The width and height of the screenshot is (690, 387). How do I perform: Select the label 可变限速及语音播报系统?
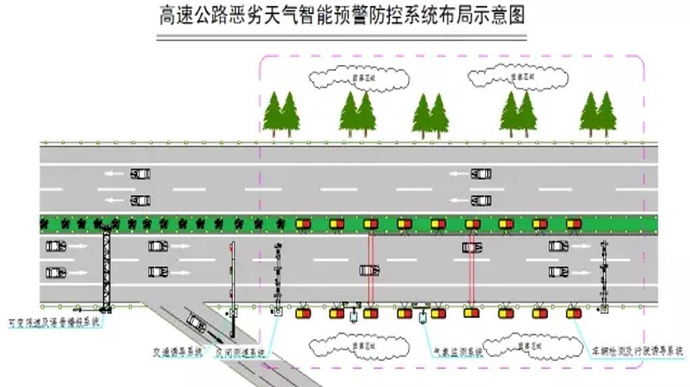[53, 323]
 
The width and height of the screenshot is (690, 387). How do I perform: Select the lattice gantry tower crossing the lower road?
[106, 269]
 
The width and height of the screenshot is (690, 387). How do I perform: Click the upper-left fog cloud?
[360, 78]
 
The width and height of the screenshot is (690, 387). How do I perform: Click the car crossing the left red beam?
[370, 270]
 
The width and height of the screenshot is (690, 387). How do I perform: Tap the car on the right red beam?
[472, 247]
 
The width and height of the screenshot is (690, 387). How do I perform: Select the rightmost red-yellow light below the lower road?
[573, 313]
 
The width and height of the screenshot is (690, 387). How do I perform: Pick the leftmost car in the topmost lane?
[140, 174]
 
